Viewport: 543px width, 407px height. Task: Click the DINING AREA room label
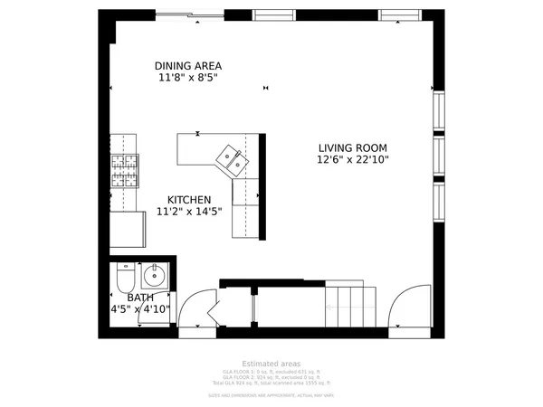click(x=187, y=66)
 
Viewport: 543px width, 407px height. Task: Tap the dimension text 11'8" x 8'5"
click(x=187, y=79)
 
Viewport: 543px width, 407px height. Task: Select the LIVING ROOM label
click(x=352, y=148)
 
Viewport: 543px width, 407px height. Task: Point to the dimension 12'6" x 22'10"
click(x=352, y=161)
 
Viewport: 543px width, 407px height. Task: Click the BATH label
click(x=139, y=298)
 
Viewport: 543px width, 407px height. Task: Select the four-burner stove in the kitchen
click(x=125, y=170)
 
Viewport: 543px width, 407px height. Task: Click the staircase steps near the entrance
click(x=349, y=306)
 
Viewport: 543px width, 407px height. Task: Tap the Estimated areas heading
click(x=271, y=363)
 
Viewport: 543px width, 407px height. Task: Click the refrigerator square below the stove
click(x=128, y=229)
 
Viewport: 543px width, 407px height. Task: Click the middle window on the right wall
click(x=439, y=156)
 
